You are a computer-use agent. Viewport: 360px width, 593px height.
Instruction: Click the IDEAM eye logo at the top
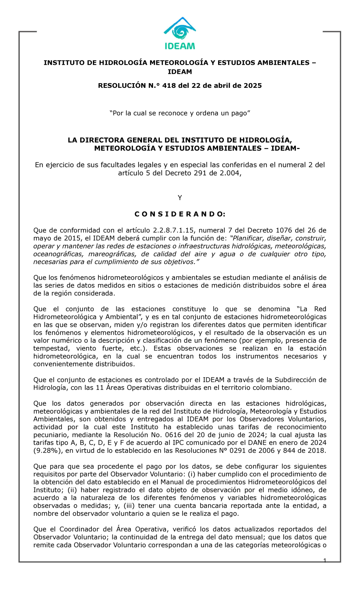tap(180, 29)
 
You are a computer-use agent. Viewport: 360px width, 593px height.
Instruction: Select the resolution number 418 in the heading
tap(169, 86)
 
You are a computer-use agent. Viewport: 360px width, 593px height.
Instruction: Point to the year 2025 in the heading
tap(253, 86)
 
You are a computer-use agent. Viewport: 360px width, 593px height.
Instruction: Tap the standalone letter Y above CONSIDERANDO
tap(180, 198)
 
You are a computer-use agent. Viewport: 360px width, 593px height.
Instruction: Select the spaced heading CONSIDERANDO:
tap(180, 214)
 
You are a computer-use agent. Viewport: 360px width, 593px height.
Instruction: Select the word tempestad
tap(51, 349)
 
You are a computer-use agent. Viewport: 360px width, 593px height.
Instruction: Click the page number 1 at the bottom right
tap(325, 561)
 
